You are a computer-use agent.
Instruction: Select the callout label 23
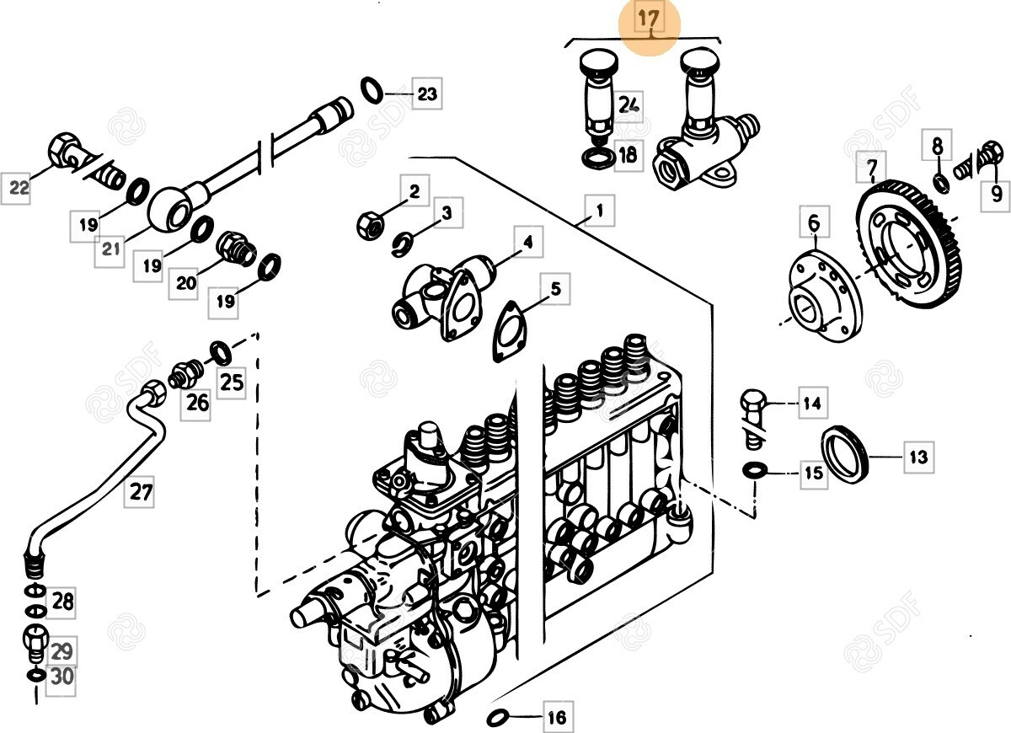click(x=427, y=94)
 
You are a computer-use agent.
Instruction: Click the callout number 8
click(x=937, y=146)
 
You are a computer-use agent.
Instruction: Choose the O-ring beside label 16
click(x=498, y=717)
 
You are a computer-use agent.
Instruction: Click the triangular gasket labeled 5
click(x=509, y=331)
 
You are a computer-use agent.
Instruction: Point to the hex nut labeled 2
click(x=368, y=223)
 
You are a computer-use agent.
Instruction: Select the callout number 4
click(x=527, y=243)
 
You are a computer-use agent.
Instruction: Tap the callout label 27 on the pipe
click(x=140, y=491)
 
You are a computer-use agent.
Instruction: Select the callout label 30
click(x=62, y=677)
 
